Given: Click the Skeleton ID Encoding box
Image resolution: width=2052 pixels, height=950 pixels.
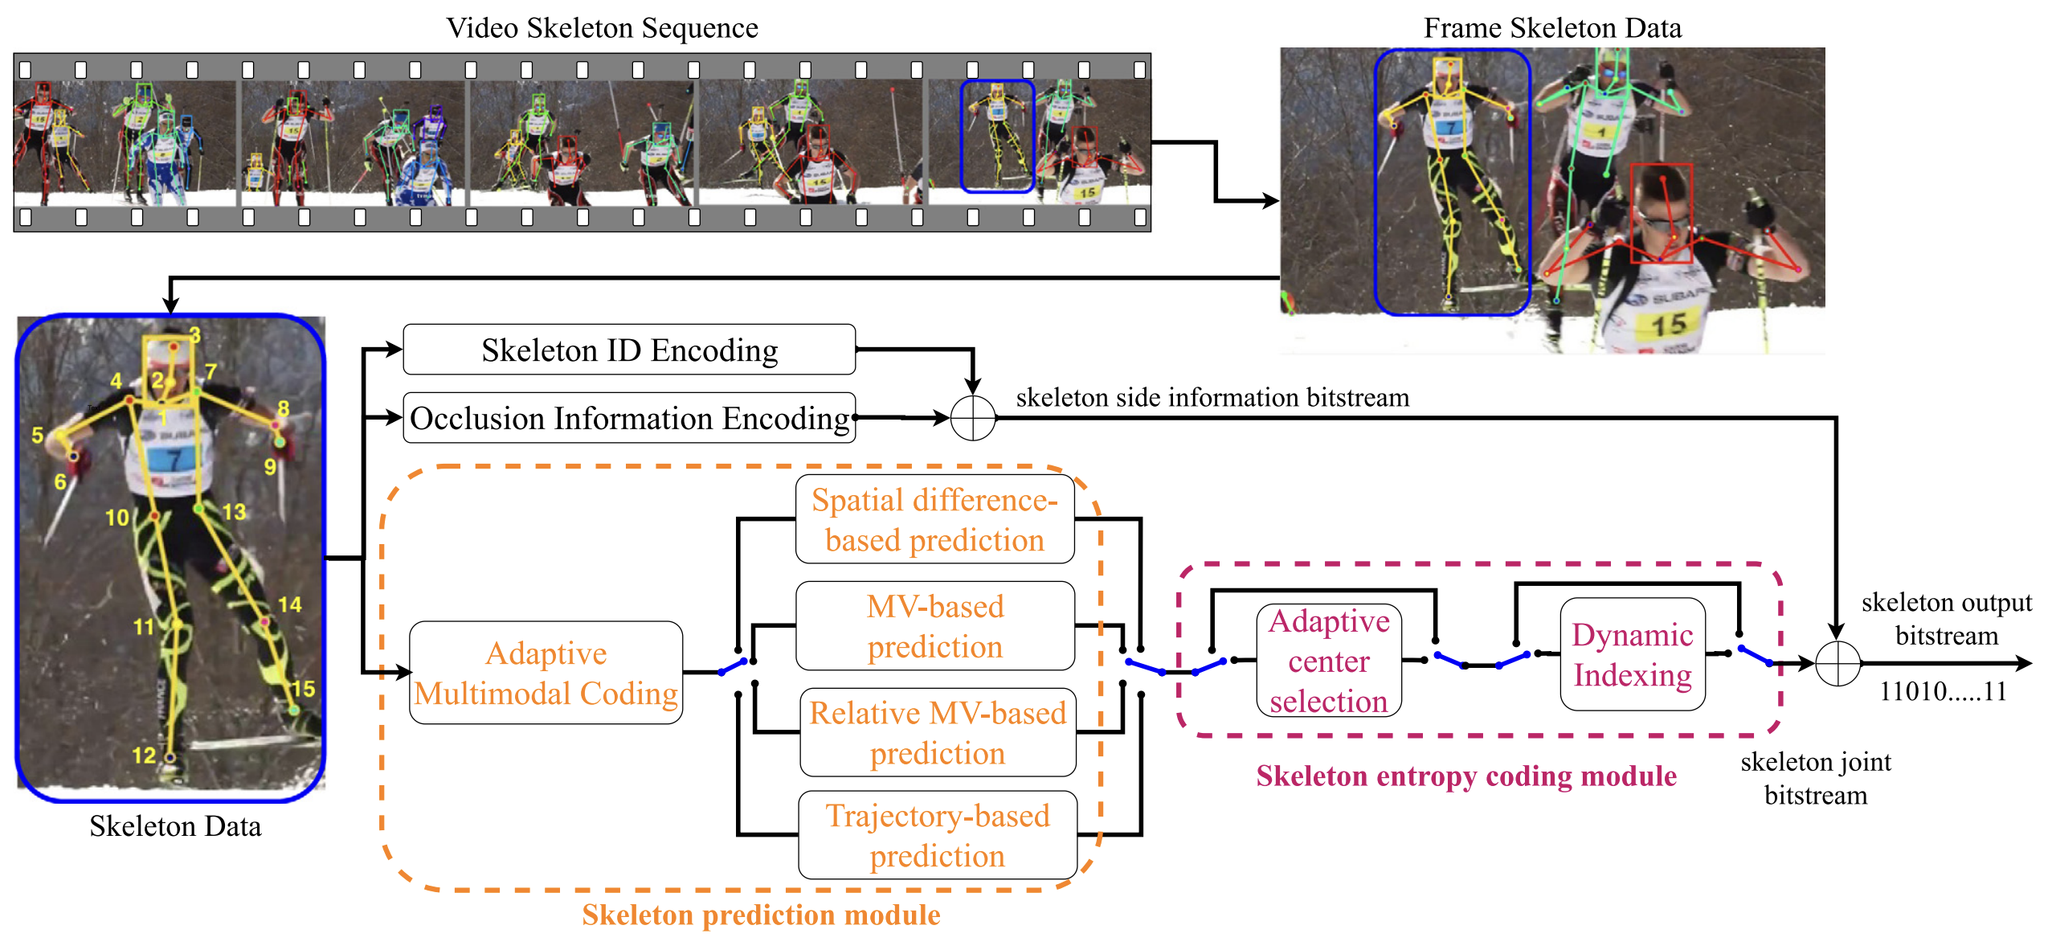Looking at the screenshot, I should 629,350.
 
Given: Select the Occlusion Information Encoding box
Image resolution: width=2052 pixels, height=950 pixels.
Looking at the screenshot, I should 629,418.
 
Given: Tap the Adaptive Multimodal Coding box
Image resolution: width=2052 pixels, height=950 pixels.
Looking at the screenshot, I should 546,673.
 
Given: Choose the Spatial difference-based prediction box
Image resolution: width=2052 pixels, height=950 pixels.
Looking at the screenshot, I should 934,519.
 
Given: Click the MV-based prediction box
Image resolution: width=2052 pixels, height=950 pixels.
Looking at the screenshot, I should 934,626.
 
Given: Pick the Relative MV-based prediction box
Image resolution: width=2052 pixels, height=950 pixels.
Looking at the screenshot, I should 938,732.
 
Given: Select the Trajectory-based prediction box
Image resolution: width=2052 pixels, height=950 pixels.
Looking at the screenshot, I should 938,835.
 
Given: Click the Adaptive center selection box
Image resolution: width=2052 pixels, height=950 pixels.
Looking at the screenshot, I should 1329,661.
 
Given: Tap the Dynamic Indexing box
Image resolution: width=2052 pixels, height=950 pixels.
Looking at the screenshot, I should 1632,654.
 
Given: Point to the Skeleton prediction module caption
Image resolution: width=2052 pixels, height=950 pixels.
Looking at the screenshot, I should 761,915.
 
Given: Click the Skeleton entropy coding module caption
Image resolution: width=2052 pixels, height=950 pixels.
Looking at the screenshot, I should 1466,776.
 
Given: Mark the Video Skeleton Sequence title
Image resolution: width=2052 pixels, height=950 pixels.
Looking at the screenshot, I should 602,28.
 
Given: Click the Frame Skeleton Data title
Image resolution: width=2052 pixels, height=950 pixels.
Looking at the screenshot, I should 1552,28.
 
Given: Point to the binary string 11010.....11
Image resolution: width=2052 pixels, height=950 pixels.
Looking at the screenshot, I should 1943,691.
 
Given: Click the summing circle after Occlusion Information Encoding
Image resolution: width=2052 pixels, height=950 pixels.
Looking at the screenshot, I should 973,418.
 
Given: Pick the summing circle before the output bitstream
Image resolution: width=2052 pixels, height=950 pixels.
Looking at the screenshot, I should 1837,664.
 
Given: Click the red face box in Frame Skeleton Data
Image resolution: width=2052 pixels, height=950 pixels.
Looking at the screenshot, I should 1662,213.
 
